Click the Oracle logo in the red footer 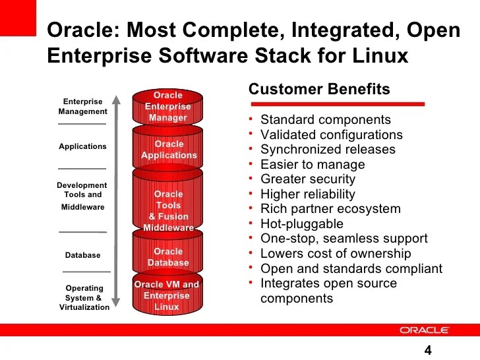coord(424,330)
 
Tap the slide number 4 coord(428,350)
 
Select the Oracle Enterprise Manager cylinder coord(167,107)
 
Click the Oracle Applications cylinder coord(168,150)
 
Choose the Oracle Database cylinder coord(168,256)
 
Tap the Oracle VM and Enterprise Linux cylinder coord(167,295)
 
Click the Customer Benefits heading coord(319,90)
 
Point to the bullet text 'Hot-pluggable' coord(301,224)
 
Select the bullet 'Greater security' coord(308,179)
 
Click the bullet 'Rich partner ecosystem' coord(330,209)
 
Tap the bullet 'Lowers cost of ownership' coord(336,254)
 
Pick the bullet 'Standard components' coord(326,120)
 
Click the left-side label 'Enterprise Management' coord(82,107)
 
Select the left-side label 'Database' coord(82,255)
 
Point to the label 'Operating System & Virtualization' coord(84,297)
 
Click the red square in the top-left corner coord(16,16)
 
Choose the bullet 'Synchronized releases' coord(328,150)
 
